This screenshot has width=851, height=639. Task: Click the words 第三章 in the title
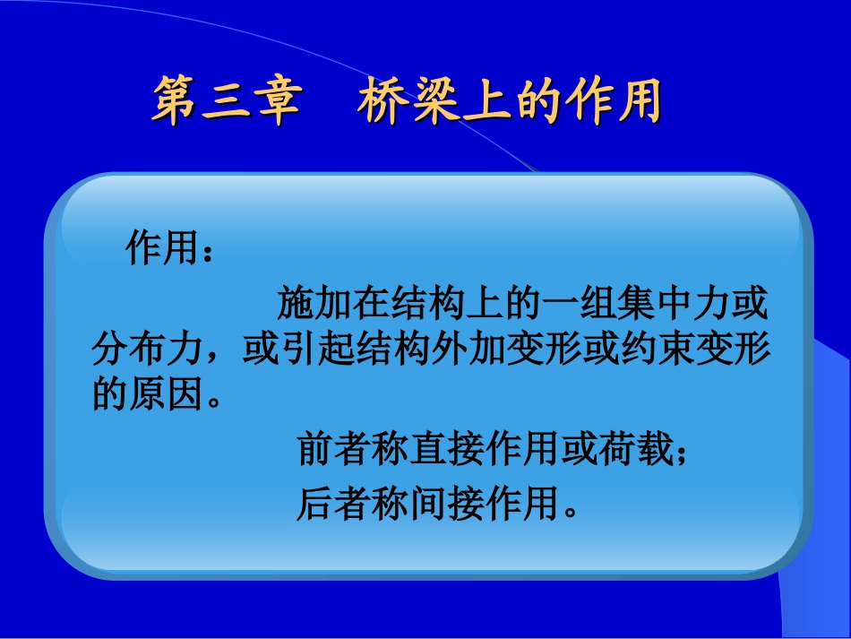[225, 101]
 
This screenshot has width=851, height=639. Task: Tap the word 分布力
[148, 350]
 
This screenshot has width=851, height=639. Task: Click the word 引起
[317, 350]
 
